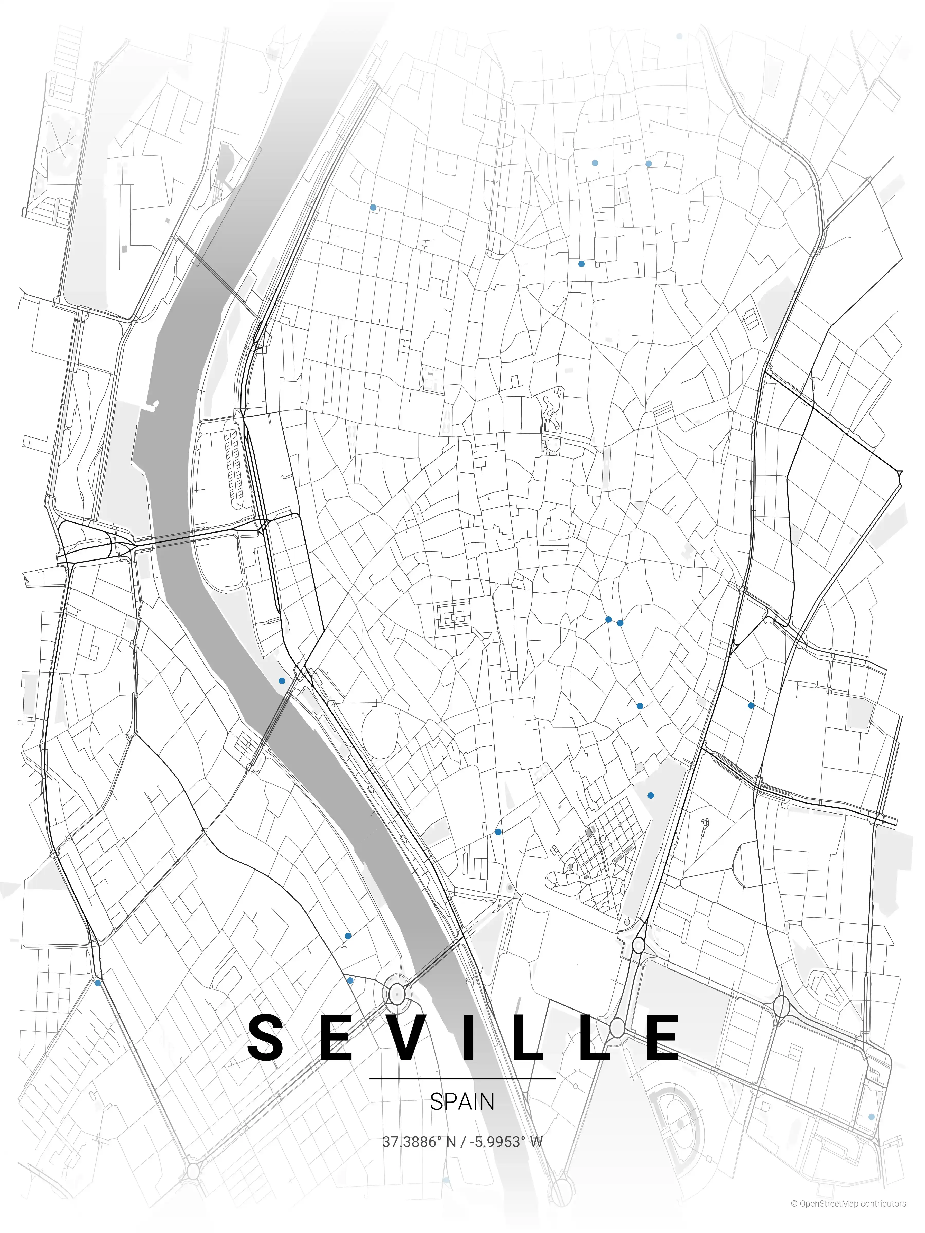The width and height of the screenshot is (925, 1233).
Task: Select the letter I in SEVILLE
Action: (x=469, y=1038)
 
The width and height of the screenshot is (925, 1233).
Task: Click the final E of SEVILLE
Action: (x=662, y=1038)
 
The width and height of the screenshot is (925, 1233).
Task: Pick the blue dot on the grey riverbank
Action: (x=282, y=681)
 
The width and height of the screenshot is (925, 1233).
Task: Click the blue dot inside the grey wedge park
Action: (x=651, y=796)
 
